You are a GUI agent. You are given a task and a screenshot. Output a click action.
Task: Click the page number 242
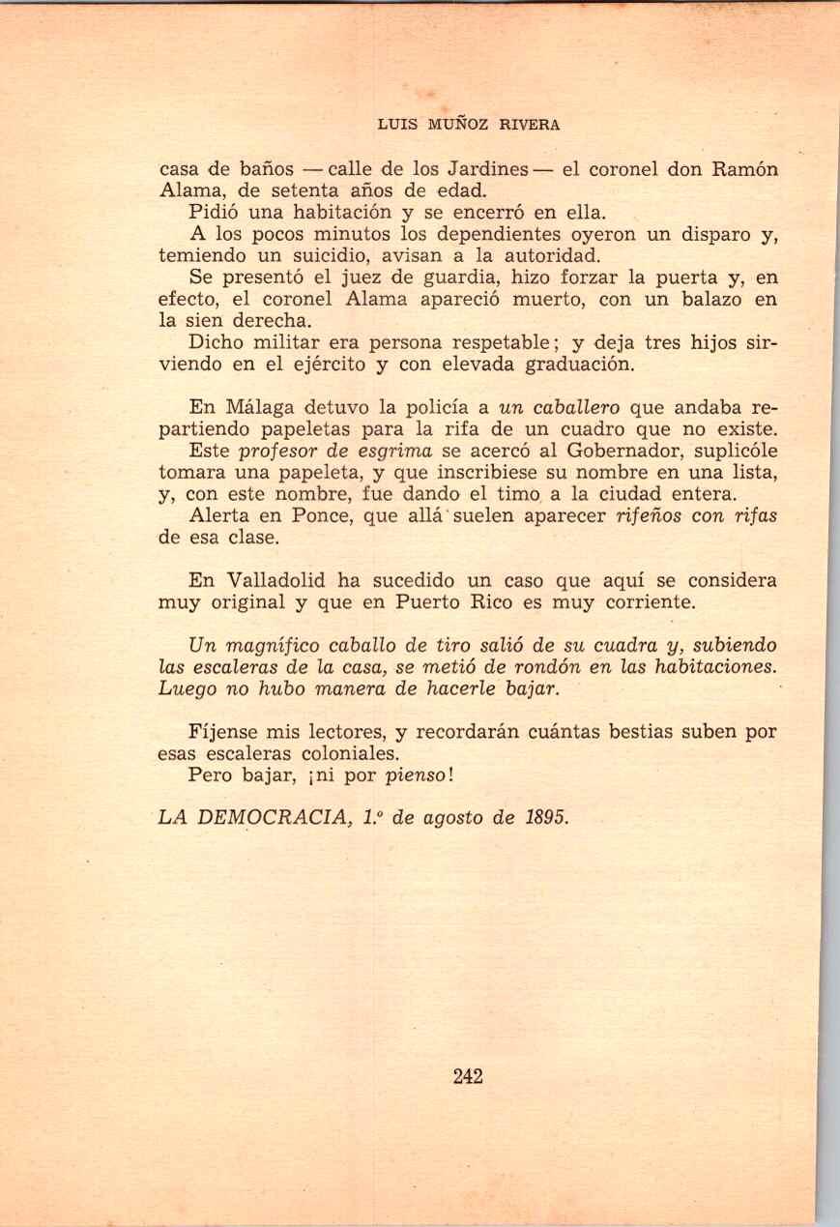[x=467, y=1076]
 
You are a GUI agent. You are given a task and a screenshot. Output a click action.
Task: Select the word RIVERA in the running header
[x=529, y=125]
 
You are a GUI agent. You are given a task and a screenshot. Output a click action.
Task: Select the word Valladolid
[x=290, y=581]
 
